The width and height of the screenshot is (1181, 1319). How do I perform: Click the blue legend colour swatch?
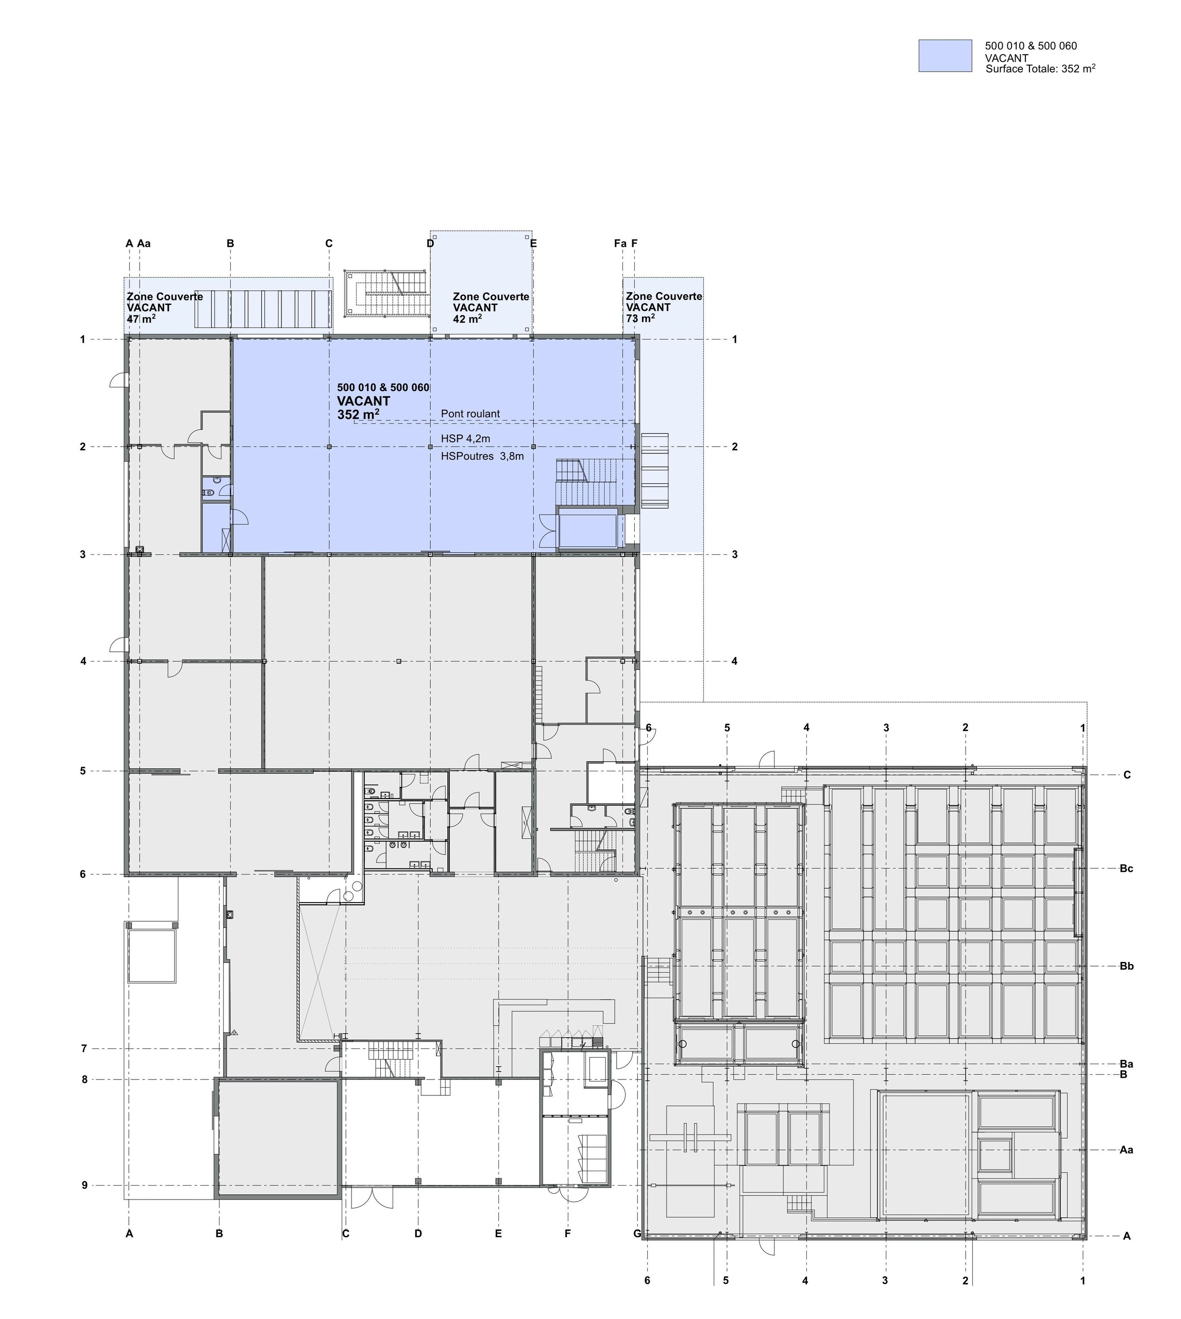click(x=945, y=56)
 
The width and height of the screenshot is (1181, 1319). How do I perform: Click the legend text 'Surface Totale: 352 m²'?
click(x=1040, y=69)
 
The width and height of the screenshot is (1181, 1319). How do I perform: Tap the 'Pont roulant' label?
click(x=470, y=414)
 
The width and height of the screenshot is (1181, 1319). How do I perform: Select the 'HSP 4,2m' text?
click(x=465, y=439)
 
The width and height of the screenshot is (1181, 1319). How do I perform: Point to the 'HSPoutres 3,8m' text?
click(x=482, y=456)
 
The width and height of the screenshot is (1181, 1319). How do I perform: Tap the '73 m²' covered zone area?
click(x=640, y=318)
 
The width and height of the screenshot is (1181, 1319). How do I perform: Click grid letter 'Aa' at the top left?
click(x=144, y=244)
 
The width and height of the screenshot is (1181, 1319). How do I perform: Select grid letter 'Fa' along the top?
click(x=620, y=244)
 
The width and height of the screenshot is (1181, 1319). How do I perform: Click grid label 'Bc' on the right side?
click(x=1126, y=869)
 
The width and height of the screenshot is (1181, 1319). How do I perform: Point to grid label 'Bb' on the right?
click(x=1126, y=966)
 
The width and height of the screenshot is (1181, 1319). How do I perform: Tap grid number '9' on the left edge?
click(x=85, y=1186)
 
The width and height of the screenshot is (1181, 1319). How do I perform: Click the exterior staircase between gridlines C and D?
click(x=387, y=293)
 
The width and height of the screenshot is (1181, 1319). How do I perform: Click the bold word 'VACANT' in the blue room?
click(x=363, y=401)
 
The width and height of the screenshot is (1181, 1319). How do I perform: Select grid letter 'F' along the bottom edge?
click(x=568, y=1233)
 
